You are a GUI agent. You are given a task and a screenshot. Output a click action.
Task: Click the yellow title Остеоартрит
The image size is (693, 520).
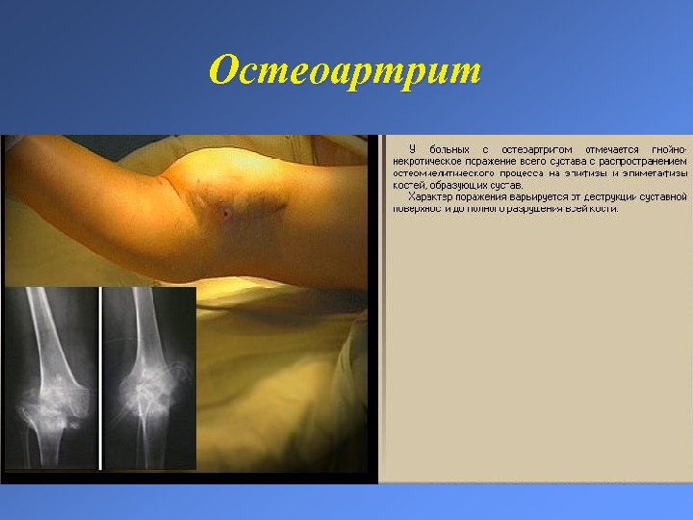click(345, 70)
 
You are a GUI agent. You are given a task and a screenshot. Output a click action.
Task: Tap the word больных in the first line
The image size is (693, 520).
click(449, 149)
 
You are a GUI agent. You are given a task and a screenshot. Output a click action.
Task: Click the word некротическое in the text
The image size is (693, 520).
click(426, 161)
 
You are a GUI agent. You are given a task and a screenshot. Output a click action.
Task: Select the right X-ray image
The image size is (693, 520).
click(148, 377)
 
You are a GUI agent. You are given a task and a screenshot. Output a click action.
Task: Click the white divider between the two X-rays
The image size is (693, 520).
click(100, 377)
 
